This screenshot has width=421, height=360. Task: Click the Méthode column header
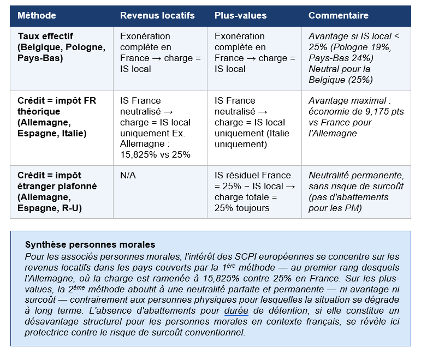[x=37, y=16]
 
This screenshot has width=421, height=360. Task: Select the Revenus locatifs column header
[x=157, y=16]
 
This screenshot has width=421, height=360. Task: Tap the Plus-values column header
[x=240, y=16]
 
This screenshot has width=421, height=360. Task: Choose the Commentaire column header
[x=339, y=16]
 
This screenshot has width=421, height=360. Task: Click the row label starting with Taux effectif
[x=61, y=47]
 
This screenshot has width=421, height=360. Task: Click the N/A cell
[x=128, y=176]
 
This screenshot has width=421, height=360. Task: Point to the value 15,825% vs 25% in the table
[x=155, y=154]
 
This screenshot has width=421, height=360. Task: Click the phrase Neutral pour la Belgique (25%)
[x=340, y=75]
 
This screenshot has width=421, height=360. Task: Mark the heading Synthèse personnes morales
[x=90, y=244]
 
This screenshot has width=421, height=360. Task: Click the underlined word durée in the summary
[x=236, y=311]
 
